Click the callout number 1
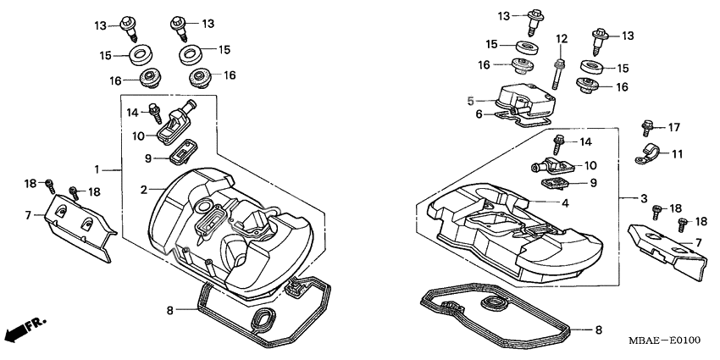(x=97, y=169)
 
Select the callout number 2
(x=144, y=188)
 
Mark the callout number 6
(x=478, y=114)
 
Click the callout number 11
(x=678, y=154)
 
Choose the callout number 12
(x=560, y=39)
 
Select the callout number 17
(x=674, y=128)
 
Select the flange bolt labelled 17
(x=647, y=129)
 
